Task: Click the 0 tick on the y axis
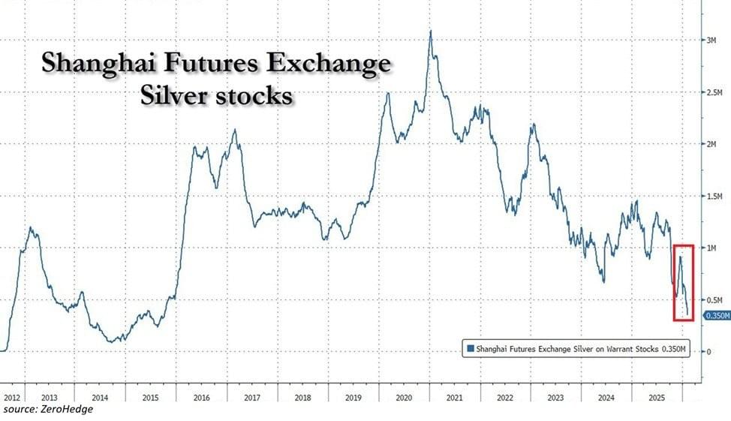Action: coord(707,351)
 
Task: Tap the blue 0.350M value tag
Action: coord(715,317)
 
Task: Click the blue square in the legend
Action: coord(471,348)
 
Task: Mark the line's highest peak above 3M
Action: coord(430,32)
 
